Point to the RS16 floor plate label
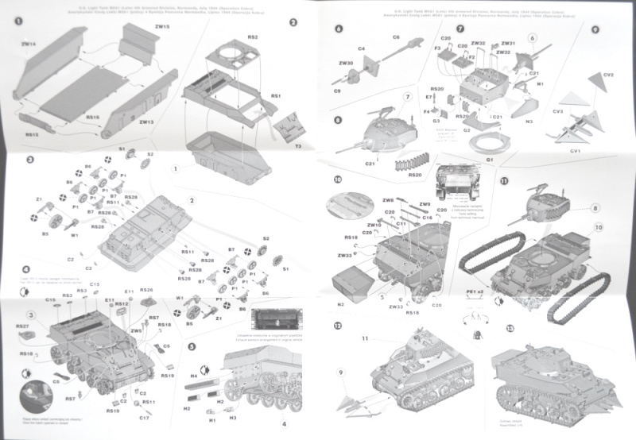pyautogui.click(x=93, y=118)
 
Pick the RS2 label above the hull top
pyautogui.click(x=253, y=37)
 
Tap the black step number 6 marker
pyautogui.click(x=339, y=29)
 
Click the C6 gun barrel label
pyautogui.click(x=395, y=37)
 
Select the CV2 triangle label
pyautogui.click(x=609, y=75)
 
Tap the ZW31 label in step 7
pyautogui.click(x=508, y=44)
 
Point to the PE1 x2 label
pyautogui.click(x=476, y=293)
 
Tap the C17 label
pyautogui.click(x=144, y=417)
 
